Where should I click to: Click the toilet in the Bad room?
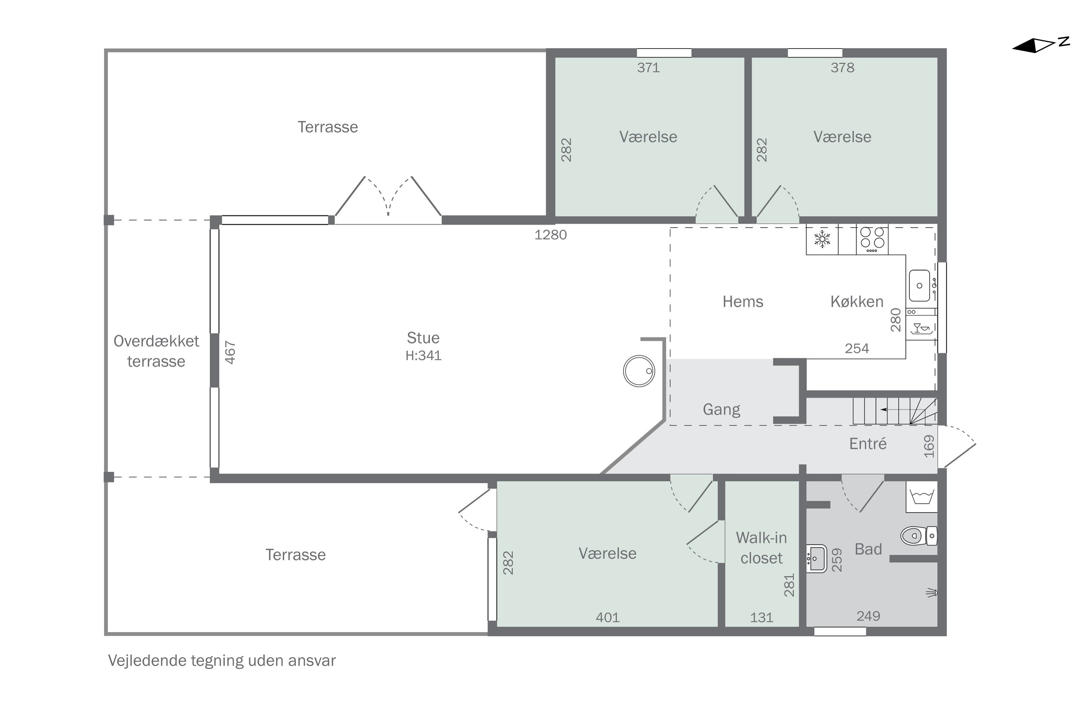919,535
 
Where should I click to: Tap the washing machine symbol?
922,497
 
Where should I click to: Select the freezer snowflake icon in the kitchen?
822,239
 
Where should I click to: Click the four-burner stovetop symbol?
872,239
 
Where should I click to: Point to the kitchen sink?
920,285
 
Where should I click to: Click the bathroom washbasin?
816,558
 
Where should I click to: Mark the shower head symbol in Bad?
932,593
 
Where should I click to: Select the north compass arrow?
1040,45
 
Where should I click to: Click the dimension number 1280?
550,235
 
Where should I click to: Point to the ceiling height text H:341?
423,355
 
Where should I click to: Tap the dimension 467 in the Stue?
230,352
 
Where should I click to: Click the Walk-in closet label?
761,548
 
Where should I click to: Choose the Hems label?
743,302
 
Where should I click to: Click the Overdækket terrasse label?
156,351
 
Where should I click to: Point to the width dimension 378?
843,68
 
